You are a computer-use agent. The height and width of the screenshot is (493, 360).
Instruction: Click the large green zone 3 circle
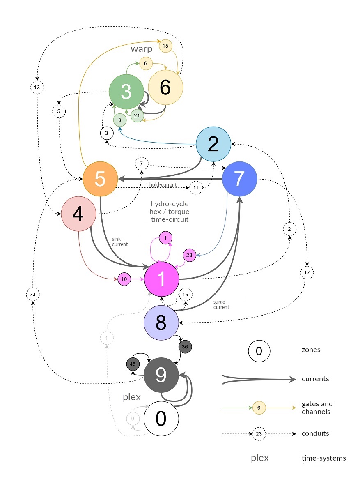[126, 92]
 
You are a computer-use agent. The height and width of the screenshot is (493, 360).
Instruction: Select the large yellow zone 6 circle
[165, 87]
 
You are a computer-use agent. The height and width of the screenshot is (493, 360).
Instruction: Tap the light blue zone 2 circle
[213, 144]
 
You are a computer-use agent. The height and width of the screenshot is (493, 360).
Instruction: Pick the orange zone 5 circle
[100, 179]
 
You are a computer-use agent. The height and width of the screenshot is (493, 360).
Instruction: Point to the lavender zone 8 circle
[161, 323]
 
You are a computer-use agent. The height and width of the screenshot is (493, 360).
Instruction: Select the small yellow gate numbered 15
[165, 46]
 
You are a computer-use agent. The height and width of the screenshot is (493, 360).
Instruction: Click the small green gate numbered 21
[137, 116]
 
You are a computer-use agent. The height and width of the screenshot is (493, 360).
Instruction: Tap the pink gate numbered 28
[189, 256]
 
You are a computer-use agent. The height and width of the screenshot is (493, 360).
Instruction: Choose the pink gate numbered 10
[124, 279]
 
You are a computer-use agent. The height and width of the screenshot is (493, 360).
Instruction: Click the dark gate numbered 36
[185, 346]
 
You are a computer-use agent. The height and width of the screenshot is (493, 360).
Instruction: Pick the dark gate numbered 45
[133, 364]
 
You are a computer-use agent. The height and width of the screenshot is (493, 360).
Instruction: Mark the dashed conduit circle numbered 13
[37, 88]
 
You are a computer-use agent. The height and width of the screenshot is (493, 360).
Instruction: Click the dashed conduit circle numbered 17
[307, 272]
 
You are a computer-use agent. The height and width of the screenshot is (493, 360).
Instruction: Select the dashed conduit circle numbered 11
[196, 187]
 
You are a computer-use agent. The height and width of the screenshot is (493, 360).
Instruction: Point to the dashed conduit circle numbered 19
[186, 295]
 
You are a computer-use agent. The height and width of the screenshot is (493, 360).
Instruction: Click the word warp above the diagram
[142, 49]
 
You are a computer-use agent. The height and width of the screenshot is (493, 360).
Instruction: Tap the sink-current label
[120, 241]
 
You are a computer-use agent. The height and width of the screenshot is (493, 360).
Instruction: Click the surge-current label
[221, 304]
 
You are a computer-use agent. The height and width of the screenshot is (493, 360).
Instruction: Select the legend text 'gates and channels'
[317, 408]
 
